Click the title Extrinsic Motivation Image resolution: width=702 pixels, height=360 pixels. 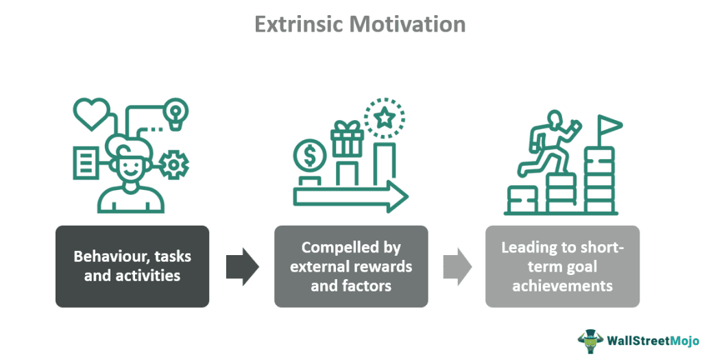coord(360,25)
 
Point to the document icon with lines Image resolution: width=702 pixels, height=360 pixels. coord(86,163)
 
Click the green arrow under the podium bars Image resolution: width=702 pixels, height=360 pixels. coord(350,196)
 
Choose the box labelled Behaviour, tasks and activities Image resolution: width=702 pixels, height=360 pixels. coord(132,266)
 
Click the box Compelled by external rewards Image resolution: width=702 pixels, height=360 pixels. coord(351,266)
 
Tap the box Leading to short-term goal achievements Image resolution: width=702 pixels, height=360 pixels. coord(563,266)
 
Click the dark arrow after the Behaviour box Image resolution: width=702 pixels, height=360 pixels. coord(242,266)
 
